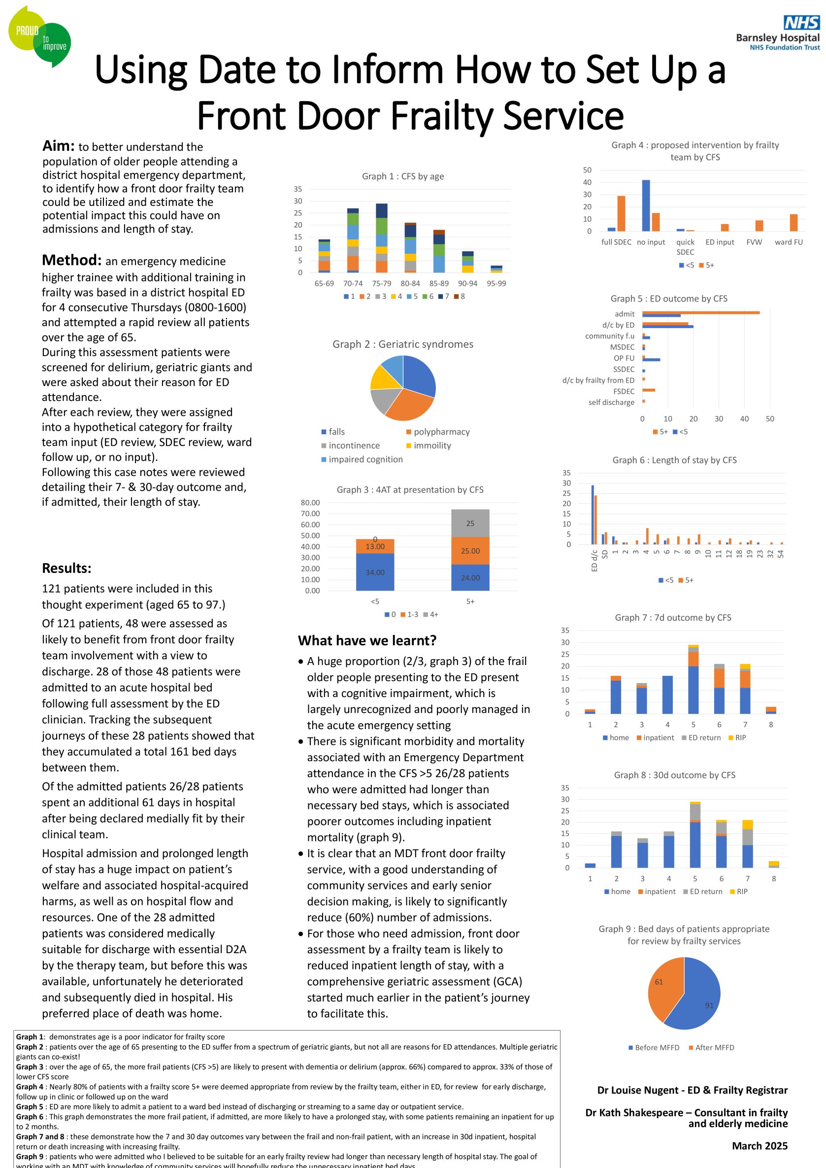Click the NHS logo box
tap(801, 22)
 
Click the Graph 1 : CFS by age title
tap(403, 176)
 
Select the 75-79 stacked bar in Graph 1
tap(381, 238)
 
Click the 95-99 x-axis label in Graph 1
tap(496, 283)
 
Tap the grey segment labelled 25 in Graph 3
tap(470, 523)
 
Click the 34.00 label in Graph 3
tap(375, 572)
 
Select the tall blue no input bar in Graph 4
tap(646, 205)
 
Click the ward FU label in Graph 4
tap(789, 242)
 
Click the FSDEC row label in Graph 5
tap(624, 391)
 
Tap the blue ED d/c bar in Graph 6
tap(593, 514)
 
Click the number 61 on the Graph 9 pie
tap(659, 982)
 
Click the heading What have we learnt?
tap(367, 640)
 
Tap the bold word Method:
tap(72, 260)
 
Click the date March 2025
tap(760, 1146)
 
